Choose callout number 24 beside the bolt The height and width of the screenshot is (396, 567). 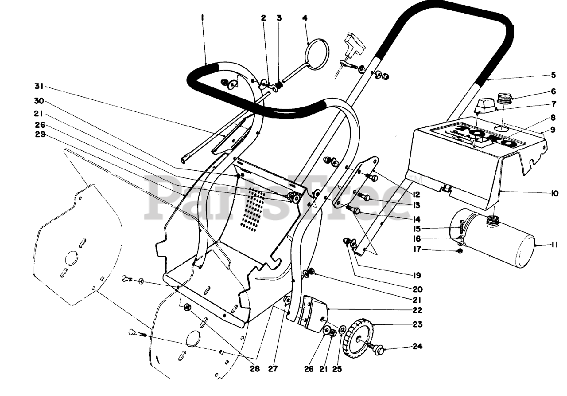coord(418,347)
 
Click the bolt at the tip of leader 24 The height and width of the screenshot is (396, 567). coord(378,349)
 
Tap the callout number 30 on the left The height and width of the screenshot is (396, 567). coord(39,100)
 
